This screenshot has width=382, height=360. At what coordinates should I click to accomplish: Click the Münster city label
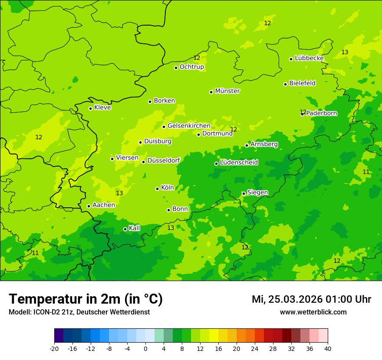(227, 91)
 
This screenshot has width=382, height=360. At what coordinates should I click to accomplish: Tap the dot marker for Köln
(157, 189)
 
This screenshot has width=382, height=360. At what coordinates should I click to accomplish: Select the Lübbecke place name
(309, 58)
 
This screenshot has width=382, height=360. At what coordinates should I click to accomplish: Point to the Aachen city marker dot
(89, 206)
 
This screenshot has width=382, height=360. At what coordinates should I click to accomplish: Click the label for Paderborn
(322, 113)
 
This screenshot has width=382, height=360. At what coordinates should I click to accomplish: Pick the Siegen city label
(257, 193)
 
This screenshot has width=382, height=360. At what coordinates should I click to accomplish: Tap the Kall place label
(135, 228)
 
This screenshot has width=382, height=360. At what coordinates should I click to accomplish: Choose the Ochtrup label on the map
(192, 67)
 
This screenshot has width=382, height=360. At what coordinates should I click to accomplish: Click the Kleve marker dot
(90, 108)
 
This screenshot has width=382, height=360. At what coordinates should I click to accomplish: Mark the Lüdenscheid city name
(239, 163)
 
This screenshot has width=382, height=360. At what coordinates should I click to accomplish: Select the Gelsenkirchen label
(189, 126)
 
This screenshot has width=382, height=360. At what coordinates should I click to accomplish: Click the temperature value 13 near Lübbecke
(345, 52)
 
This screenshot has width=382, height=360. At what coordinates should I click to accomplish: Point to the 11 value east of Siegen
(366, 172)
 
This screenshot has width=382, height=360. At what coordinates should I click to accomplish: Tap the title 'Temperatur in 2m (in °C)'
(86, 299)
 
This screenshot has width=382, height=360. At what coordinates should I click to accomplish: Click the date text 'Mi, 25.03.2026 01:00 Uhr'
(311, 299)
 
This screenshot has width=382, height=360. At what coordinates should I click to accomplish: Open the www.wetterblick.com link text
(313, 312)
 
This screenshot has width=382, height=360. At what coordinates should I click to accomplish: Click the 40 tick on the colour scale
(328, 348)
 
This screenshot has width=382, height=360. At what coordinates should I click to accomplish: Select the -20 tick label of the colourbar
(54, 348)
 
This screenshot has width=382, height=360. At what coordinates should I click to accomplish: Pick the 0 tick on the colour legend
(145, 348)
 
